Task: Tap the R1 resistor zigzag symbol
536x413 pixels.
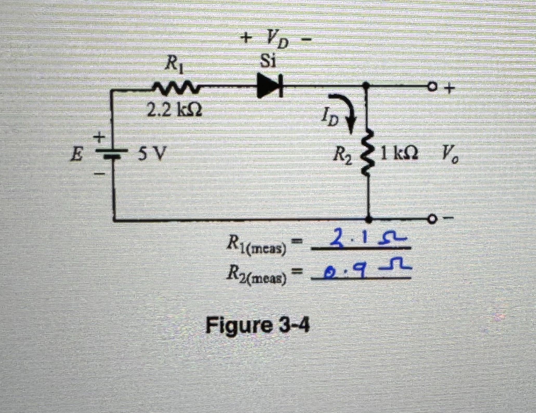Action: point(177,88)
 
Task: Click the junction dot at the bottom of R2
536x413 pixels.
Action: point(369,220)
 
